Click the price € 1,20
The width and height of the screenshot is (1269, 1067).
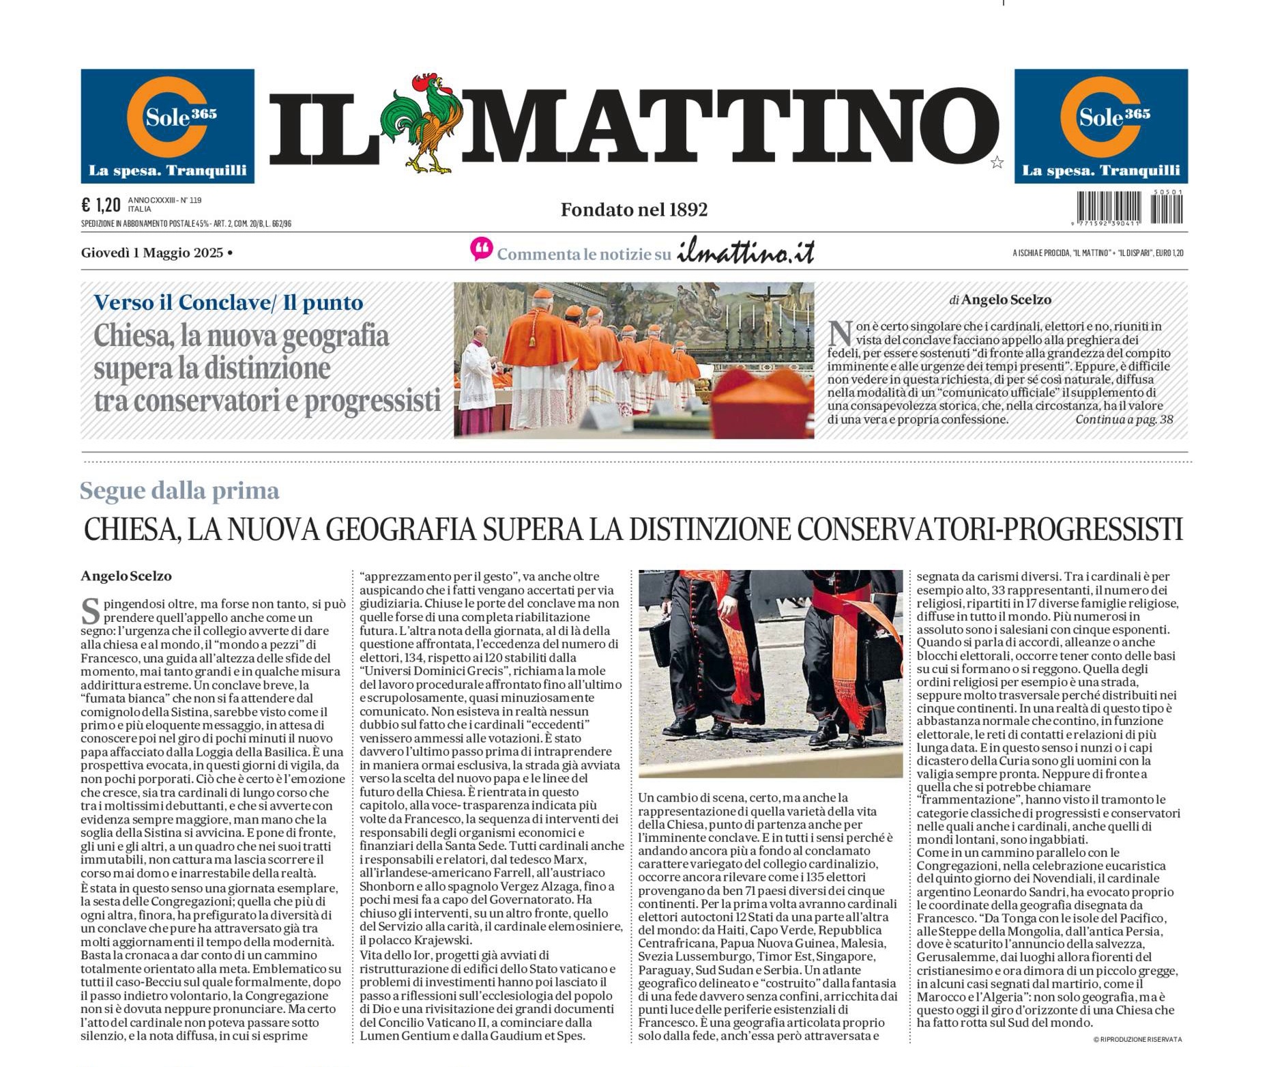tap(100, 205)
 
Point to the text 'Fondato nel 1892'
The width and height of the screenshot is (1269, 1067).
tap(634, 210)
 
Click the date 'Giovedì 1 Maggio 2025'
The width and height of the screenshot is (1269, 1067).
tap(152, 253)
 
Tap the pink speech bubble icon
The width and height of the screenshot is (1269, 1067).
tap(481, 249)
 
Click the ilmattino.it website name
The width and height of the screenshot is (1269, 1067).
tap(745, 252)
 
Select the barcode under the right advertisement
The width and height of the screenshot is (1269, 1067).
tap(1129, 208)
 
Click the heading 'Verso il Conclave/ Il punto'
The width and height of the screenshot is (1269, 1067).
tap(228, 302)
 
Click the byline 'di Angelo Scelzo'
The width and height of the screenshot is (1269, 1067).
tap(1000, 300)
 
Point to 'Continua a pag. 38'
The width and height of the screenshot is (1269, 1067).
tap(1124, 419)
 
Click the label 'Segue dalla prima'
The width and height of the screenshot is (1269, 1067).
tap(179, 491)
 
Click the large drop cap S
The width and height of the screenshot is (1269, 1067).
tap(91, 611)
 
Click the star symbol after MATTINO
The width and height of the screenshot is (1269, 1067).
tap(997, 162)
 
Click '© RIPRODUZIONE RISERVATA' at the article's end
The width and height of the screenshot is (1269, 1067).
tap(1137, 1039)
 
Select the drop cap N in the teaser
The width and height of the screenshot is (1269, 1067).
tap(840, 333)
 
